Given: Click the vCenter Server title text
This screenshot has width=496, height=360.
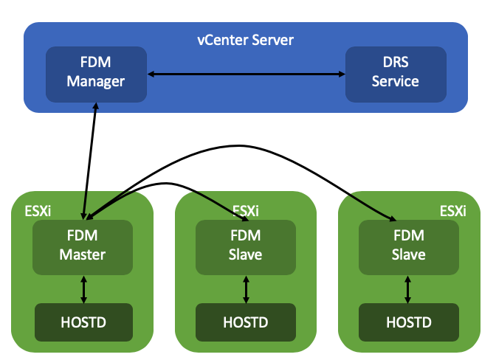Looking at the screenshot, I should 245,40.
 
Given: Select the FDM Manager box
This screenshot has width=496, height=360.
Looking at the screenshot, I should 96,74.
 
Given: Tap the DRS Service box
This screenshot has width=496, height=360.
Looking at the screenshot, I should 396,74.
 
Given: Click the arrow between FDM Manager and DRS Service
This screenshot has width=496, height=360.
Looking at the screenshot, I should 246,74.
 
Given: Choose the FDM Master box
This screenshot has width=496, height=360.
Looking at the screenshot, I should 83,246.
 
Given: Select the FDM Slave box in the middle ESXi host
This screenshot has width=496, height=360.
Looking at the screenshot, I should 246,246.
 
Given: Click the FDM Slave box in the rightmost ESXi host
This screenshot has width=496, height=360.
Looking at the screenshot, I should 408,246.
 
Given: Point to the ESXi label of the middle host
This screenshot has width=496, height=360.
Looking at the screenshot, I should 246,211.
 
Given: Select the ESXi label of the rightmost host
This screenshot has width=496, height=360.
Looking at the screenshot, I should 452,211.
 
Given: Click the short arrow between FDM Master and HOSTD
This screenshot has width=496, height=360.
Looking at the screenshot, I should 83,288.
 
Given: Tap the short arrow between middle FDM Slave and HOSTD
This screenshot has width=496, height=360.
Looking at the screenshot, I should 246,288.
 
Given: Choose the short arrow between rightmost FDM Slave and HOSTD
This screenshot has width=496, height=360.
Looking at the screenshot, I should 408,288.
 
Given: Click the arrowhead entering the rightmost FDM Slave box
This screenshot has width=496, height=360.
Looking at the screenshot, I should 389,217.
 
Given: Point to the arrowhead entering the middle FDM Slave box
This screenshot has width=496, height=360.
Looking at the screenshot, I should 230,216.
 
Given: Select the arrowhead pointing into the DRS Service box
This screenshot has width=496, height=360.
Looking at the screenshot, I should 342,74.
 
